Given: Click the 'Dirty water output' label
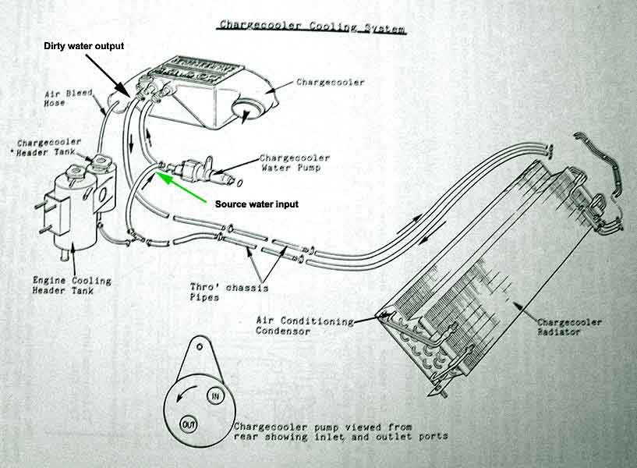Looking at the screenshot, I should [x=82, y=46].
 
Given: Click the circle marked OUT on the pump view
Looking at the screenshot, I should [x=188, y=424].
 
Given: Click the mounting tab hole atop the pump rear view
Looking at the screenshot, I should [x=201, y=346].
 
